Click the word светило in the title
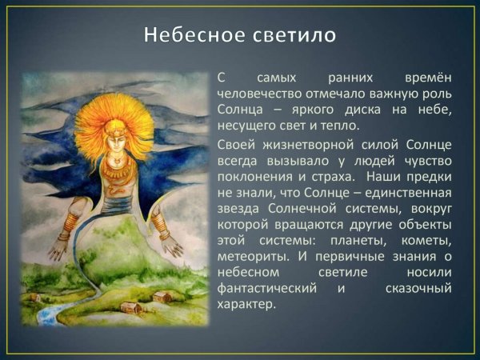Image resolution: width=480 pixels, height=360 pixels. (291, 35)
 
